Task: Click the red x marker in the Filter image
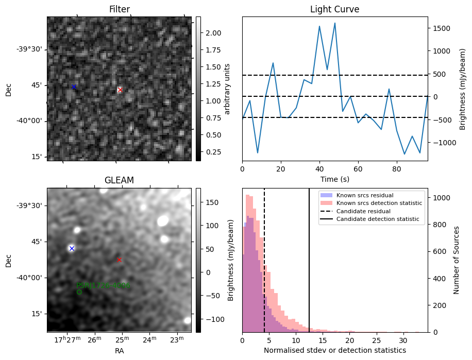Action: pos(120,90)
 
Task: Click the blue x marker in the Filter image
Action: pos(74,87)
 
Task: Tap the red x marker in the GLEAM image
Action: pos(119,260)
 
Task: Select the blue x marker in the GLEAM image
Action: pos(72,248)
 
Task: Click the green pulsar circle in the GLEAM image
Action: pos(79,292)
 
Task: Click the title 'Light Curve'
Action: pos(334,9)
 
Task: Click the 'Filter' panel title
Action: pos(119,9)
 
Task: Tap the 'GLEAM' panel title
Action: pos(119,180)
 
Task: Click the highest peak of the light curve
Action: pos(334,23)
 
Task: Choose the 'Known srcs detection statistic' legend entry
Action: pos(379,203)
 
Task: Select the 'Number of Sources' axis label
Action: pos(457,260)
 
